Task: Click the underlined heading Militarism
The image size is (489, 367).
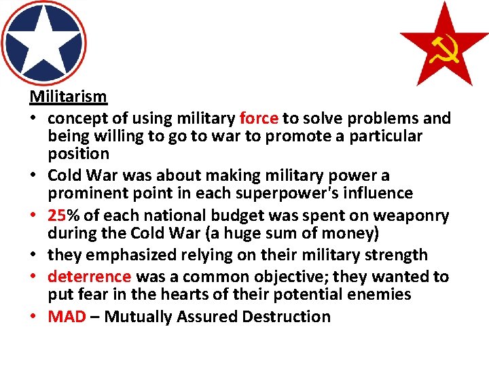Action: (68, 97)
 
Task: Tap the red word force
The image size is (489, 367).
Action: (259, 119)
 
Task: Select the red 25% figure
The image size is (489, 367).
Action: (62, 216)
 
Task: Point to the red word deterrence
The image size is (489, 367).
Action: (89, 277)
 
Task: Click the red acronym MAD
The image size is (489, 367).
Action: (67, 317)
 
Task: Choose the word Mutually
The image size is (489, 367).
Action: (137, 317)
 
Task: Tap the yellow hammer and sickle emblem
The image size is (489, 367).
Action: (445, 48)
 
